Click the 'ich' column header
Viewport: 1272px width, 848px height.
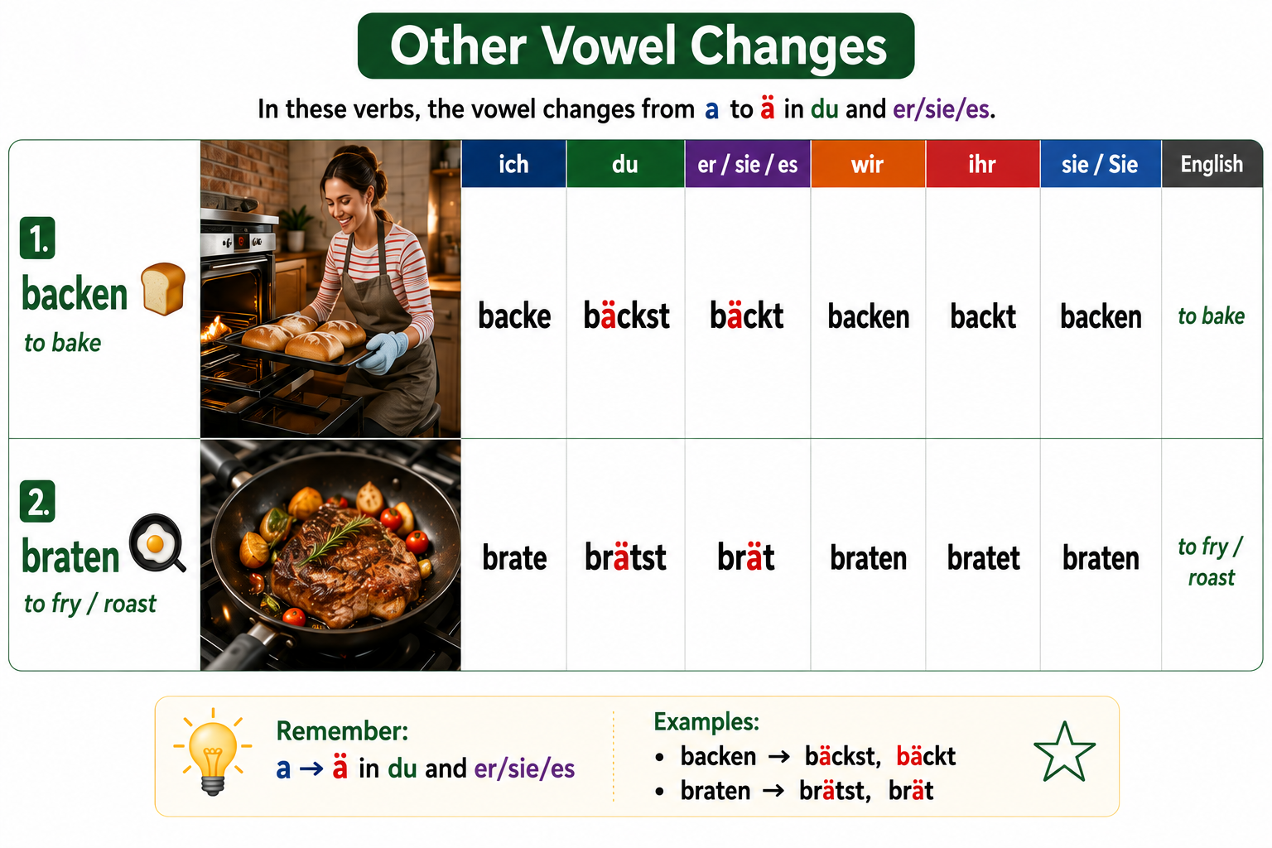513,164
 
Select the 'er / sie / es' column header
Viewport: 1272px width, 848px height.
747,164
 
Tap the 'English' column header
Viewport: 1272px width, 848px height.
1212,164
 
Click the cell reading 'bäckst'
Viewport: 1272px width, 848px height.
626,316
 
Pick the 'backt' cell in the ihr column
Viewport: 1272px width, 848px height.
983,316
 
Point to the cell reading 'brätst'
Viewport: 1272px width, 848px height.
625,557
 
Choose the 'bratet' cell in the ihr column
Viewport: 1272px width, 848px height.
983,558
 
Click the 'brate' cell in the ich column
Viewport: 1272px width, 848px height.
514,558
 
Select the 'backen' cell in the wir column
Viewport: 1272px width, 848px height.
868,316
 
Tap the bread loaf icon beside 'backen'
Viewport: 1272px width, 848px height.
163,288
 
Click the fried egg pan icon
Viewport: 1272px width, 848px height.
157,543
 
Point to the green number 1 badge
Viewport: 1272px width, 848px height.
37,238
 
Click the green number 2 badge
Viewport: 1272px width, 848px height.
37,502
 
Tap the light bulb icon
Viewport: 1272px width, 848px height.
212,751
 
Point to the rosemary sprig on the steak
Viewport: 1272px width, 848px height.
336,539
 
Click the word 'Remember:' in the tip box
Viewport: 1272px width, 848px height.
342,731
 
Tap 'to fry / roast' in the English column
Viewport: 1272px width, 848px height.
1211,561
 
